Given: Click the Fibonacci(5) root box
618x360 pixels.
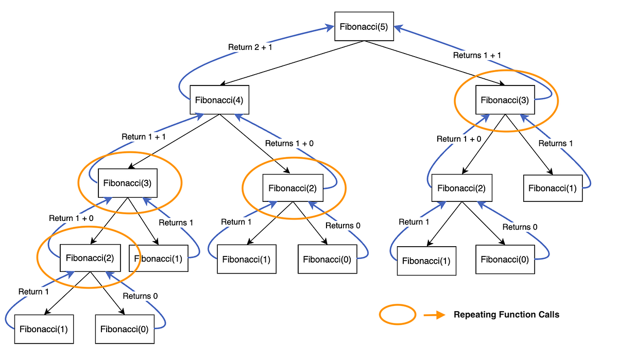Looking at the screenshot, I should pyautogui.click(x=364, y=26).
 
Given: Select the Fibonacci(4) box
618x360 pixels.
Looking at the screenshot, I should pyautogui.click(x=219, y=100).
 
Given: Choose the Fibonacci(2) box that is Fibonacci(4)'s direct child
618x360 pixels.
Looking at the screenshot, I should pyautogui.click(x=293, y=188).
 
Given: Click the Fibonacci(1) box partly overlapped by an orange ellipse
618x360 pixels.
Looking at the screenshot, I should pyautogui.click(x=159, y=258).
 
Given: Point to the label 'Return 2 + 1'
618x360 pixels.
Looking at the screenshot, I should pyautogui.click(x=250, y=47).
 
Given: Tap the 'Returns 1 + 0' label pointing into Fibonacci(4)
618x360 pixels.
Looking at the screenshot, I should pyautogui.click(x=289, y=143).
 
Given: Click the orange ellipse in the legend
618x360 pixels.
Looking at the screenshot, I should pyautogui.click(x=397, y=314).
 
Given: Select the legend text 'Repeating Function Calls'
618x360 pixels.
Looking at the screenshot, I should pyautogui.click(x=506, y=315).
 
